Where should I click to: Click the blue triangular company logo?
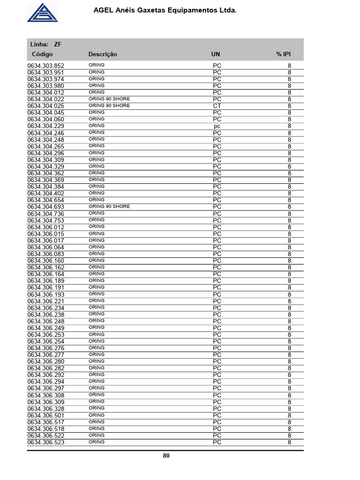(42, 12)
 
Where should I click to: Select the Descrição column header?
(103, 54)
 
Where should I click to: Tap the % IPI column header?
(284, 54)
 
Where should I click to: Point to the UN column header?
(216, 54)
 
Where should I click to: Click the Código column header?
(42, 54)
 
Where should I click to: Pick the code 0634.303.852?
(46, 66)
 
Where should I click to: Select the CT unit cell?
(217, 106)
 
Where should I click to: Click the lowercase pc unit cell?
(217, 127)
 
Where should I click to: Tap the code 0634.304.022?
(46, 99)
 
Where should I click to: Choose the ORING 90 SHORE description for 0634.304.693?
(109, 207)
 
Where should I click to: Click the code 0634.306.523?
(46, 442)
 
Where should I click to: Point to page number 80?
(166, 456)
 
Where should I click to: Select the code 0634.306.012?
(46, 227)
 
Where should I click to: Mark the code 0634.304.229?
(46, 127)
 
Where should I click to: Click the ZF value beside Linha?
(58, 45)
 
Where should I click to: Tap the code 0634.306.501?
(46, 416)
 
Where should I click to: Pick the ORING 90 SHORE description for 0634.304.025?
(109, 106)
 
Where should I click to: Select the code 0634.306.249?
(46, 328)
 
